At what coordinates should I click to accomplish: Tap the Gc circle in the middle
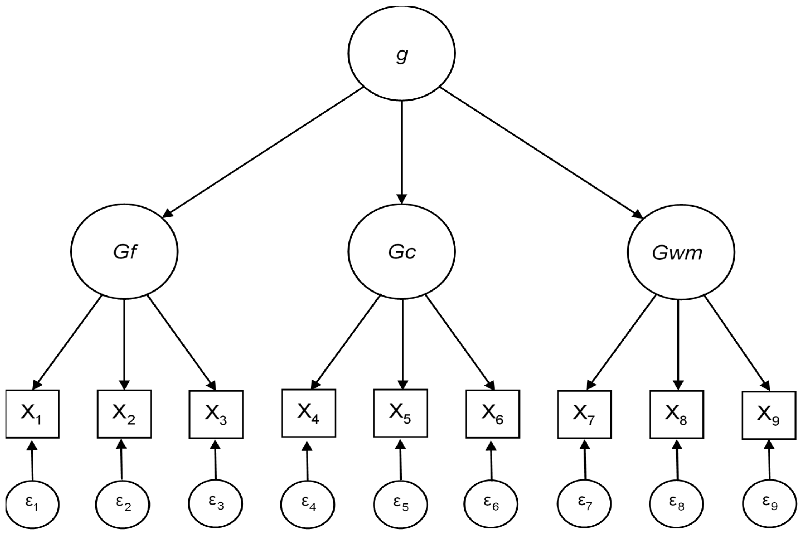[402, 252]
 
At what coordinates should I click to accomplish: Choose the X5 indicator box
[400, 413]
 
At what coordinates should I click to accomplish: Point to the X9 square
[769, 415]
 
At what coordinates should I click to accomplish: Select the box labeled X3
[216, 414]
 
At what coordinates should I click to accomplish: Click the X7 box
[584, 414]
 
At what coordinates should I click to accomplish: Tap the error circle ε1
[33, 505]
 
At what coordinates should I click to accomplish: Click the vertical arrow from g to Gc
[402, 150]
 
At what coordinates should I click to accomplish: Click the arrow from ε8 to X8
[677, 460]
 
